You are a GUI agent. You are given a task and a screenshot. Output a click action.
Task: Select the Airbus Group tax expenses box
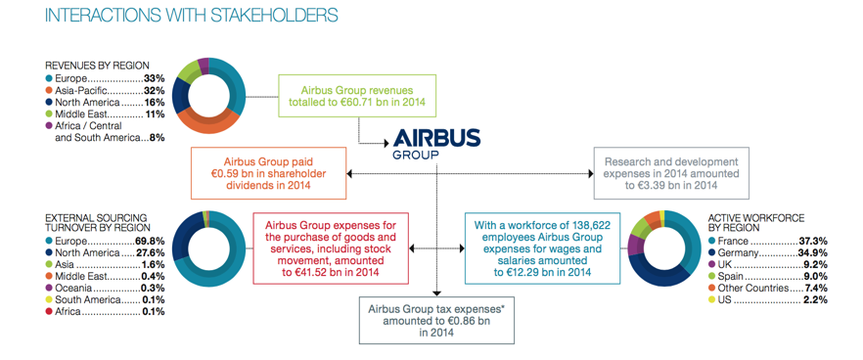pyautogui.click(x=437, y=320)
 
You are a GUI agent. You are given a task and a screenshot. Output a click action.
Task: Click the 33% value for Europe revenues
pyautogui.click(x=154, y=77)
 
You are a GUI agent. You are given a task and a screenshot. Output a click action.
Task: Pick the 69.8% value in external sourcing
pyautogui.click(x=149, y=240)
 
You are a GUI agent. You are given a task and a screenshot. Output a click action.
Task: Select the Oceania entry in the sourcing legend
pyautogui.click(x=74, y=288)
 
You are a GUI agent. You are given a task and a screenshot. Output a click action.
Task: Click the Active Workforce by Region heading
pyautogui.click(x=758, y=220)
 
